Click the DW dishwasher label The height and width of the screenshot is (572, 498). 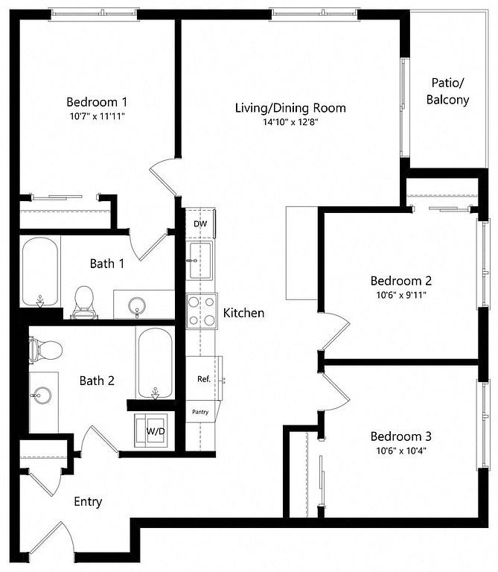pos(200,223)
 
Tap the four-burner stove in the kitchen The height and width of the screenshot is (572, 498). pos(202,311)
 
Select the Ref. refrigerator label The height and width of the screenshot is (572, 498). pos(204,379)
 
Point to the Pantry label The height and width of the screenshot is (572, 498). pos(200,412)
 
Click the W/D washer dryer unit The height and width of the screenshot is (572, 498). pos(151,430)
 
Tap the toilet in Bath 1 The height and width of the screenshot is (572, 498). pos(84,302)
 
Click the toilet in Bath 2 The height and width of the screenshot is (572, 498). pos(45,350)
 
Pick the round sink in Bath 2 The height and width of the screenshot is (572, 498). pos(40,394)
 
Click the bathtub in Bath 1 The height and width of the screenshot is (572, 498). pos(40,272)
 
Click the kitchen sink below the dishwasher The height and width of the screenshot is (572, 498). pos(199,261)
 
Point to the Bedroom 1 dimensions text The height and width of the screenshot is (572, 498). pos(98,116)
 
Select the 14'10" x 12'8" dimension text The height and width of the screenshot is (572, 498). pos(290,122)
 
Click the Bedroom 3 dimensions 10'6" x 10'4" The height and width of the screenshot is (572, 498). pos(401,451)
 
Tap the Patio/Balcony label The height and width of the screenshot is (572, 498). pos(447,91)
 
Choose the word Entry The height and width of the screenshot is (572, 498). pos(88,502)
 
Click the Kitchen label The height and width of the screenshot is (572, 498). pos(243,313)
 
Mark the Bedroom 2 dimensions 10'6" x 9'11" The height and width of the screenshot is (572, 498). pos(401,295)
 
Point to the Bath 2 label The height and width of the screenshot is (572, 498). pos(97,381)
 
